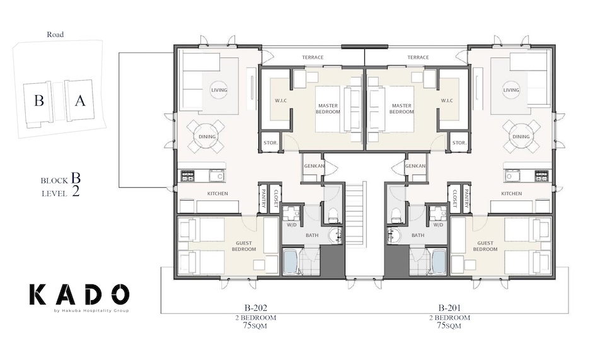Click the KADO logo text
(x=79, y=294)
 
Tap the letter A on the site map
(x=79, y=101)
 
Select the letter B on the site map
(x=38, y=101)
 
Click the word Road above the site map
(x=55, y=35)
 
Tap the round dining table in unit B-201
(x=521, y=136)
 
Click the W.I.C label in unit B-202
(x=281, y=100)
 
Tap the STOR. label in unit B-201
(x=459, y=142)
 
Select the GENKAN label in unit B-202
(x=313, y=165)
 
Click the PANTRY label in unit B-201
(x=466, y=197)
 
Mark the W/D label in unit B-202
(x=291, y=224)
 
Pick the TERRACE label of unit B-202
(x=313, y=57)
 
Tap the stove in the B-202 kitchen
(x=187, y=175)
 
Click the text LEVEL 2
(x=59, y=194)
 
